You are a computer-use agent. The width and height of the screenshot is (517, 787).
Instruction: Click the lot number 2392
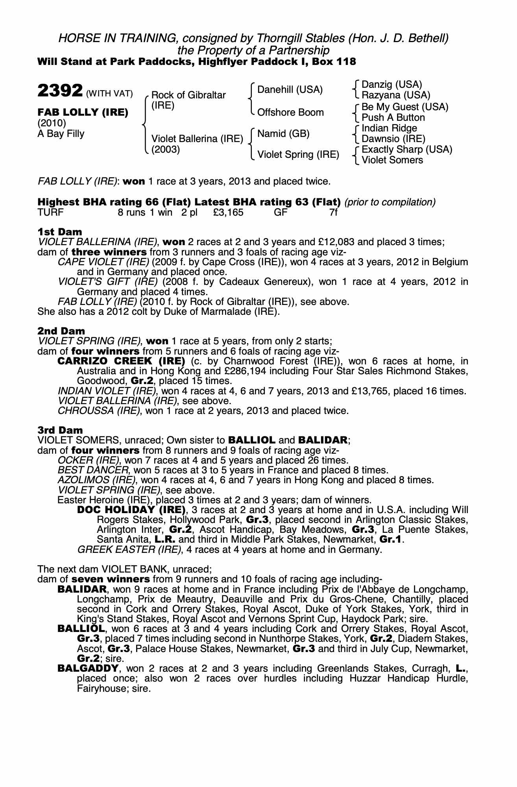(60, 91)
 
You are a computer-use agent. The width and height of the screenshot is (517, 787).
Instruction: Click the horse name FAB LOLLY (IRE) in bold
(83, 113)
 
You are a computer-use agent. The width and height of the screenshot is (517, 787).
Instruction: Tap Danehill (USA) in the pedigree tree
(290, 90)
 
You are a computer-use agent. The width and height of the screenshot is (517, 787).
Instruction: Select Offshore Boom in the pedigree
(290, 113)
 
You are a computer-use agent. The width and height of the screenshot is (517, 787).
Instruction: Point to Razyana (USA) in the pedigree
(396, 95)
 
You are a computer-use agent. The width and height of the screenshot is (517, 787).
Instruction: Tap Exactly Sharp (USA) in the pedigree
(407, 150)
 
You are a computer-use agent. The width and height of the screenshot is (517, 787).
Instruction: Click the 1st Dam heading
(60, 231)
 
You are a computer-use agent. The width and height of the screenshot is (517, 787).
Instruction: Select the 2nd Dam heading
(61, 331)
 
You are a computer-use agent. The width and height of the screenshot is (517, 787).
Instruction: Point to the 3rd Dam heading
(60, 430)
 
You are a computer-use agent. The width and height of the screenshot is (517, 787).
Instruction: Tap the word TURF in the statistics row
(50, 212)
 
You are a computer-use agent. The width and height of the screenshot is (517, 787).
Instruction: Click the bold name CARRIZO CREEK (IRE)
(121, 361)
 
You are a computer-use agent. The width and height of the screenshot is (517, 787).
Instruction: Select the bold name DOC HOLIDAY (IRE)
(131, 510)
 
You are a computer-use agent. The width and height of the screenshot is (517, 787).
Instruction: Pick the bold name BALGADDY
(88, 669)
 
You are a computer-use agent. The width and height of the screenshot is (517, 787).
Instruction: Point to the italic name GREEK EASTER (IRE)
(129, 549)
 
